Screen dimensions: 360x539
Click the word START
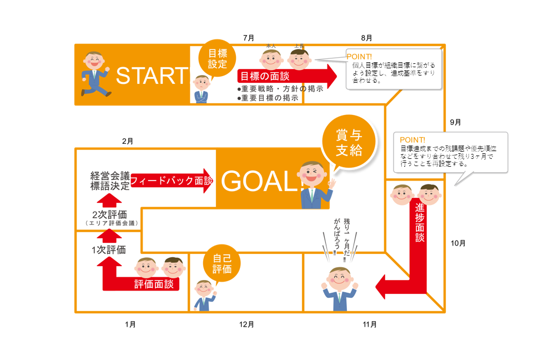152,76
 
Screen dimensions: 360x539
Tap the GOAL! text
260,181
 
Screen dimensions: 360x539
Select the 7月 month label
249,38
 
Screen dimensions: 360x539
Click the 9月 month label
455,122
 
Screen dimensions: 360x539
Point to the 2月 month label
128,141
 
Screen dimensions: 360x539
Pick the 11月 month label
370,324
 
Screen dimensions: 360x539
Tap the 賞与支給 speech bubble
349,142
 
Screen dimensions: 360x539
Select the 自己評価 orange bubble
221,263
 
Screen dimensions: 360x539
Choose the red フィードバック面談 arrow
172,181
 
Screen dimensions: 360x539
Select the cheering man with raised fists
340,287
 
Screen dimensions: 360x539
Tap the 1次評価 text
109,249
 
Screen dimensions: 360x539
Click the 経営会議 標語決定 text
110,181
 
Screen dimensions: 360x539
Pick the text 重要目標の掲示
267,97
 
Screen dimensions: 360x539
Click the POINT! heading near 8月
359,56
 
